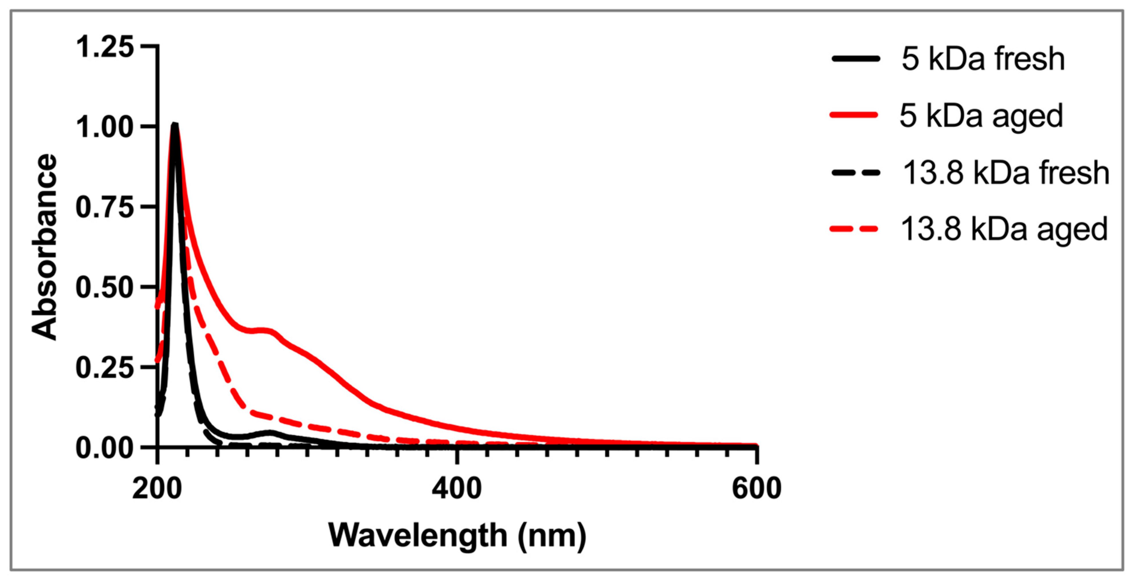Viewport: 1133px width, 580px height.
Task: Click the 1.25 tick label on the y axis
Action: [105, 47]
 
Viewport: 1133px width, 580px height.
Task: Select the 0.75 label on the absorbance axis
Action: [105, 207]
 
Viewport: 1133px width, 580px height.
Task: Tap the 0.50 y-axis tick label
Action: [105, 288]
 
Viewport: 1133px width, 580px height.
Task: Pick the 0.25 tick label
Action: [105, 368]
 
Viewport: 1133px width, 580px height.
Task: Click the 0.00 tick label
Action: [105, 448]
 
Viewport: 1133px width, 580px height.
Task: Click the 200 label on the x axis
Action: [157, 488]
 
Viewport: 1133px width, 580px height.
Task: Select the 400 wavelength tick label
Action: [457, 488]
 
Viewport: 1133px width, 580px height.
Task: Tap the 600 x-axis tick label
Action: [756, 488]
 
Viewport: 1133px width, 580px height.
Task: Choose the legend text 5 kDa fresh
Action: [983, 59]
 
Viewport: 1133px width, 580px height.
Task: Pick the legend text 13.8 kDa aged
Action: [1004, 229]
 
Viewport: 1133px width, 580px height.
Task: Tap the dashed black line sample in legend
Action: [856, 172]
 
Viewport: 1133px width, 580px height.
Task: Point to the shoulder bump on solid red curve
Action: [264, 330]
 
